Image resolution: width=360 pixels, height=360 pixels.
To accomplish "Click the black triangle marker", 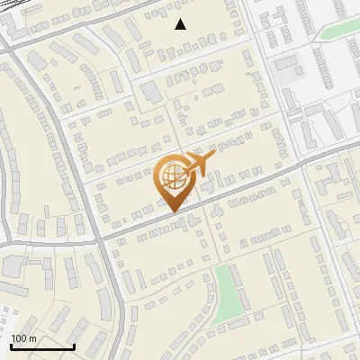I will (x=181, y=24).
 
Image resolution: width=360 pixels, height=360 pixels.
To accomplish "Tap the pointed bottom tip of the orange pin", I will (x=171, y=211).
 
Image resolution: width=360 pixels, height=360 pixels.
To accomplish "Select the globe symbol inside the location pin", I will (x=171, y=175).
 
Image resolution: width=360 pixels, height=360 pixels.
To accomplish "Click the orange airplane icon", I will (x=200, y=164).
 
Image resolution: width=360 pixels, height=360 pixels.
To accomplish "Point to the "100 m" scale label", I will (x=23, y=337).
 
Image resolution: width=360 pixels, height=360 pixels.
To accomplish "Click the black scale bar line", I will (x=41, y=346).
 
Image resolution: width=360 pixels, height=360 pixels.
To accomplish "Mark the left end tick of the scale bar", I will (x=11, y=345).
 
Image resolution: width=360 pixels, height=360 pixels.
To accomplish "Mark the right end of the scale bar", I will (x=73, y=345).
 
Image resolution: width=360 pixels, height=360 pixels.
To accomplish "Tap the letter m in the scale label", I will (x=32, y=337).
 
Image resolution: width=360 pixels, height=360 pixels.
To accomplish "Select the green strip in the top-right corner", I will (x=337, y=31).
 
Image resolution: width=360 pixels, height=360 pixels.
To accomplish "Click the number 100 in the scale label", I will (x=18, y=337).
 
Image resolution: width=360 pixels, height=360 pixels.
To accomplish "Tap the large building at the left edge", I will (x=13, y=269).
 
